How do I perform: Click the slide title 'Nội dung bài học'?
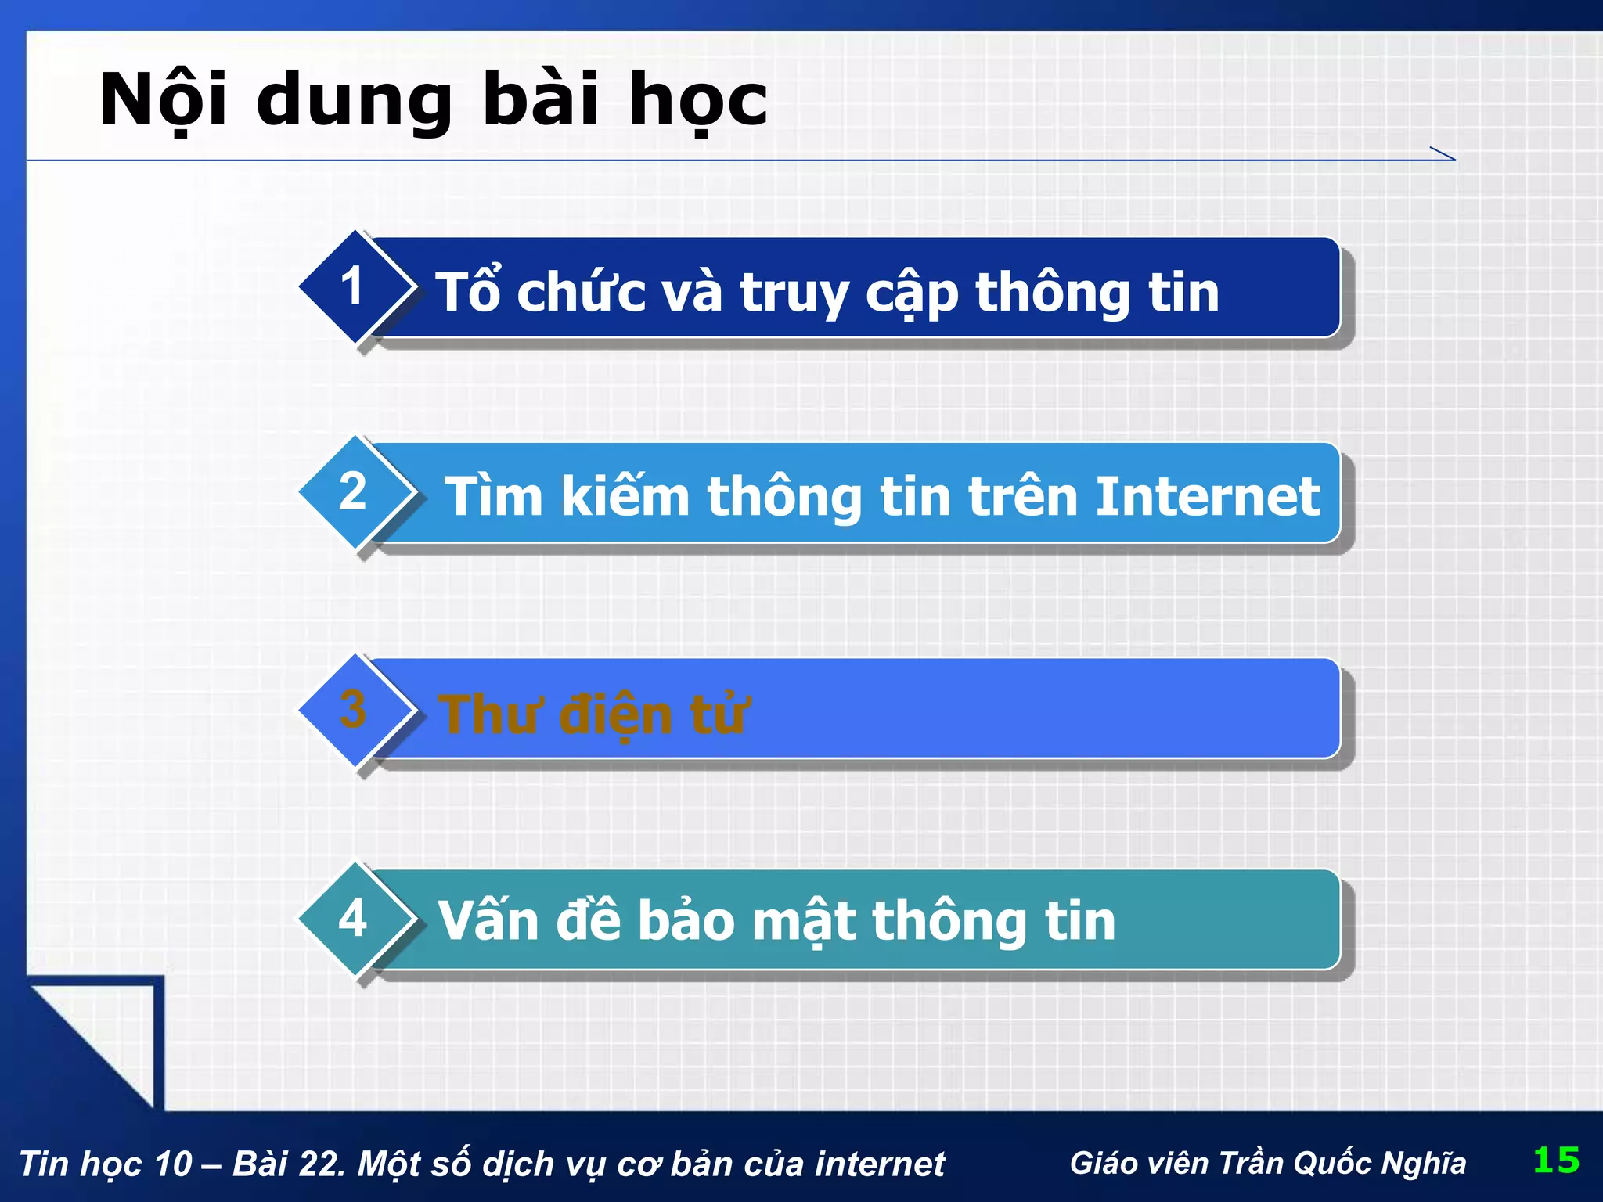pos(433,100)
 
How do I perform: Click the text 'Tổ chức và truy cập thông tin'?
pos(827,293)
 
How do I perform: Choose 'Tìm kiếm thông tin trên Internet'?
pos(882,497)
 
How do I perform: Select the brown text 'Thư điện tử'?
pos(593,714)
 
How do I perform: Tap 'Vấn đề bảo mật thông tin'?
pos(776,921)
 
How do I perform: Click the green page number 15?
pos(1556,1160)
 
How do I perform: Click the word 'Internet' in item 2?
pos(1208,497)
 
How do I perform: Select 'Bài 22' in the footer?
pos(287,1164)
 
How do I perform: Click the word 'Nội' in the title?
pos(163,100)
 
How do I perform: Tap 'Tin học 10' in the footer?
pos(105,1164)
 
